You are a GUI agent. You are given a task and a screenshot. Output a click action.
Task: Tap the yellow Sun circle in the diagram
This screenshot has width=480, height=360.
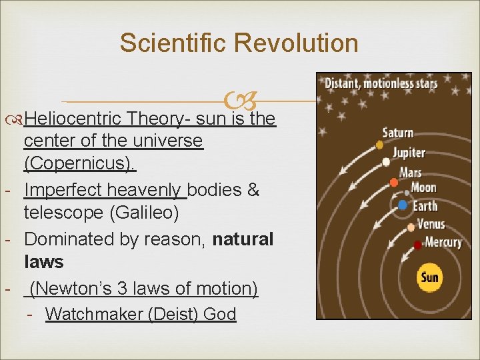point(430,276)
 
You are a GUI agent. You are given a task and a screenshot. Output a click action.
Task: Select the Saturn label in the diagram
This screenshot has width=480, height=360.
point(398,133)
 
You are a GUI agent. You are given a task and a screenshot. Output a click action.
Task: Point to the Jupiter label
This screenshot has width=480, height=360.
point(409,153)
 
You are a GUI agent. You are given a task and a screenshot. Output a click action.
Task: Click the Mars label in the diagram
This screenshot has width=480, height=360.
point(410,173)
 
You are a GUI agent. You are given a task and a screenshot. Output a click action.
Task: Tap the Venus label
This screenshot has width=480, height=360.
point(430,223)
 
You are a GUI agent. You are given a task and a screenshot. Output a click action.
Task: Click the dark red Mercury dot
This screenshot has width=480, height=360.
point(417,245)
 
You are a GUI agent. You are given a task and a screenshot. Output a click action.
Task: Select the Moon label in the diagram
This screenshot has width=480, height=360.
point(423,189)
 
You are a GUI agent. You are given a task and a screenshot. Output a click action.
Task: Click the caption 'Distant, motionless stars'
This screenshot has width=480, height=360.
point(381,83)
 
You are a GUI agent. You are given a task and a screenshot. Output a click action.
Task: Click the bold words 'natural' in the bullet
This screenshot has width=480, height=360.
point(243,239)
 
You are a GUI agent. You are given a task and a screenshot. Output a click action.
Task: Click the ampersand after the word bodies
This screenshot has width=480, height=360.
point(253,190)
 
